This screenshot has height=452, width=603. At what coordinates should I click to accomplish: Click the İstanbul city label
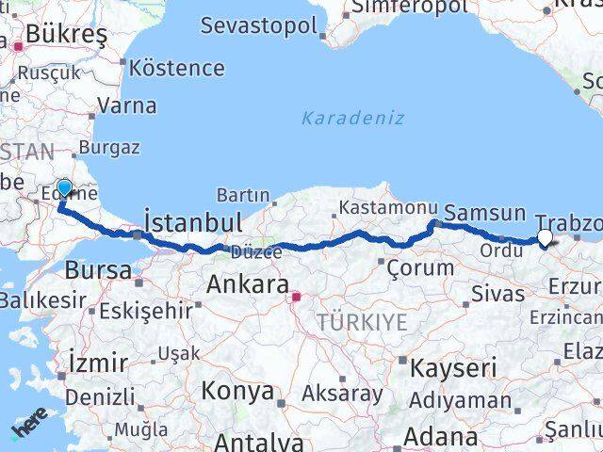click(192, 223)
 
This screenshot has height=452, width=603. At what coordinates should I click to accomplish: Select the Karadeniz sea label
click(353, 118)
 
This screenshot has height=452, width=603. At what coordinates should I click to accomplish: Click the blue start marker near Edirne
click(64, 188)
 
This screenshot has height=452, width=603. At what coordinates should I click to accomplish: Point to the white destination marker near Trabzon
click(545, 238)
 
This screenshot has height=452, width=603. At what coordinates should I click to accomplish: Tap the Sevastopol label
click(258, 25)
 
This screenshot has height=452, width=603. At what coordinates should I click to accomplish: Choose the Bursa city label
click(98, 270)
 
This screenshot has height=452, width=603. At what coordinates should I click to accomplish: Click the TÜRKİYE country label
click(363, 322)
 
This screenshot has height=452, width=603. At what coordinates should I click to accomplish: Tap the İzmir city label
click(99, 362)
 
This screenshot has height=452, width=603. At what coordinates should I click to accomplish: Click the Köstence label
click(177, 68)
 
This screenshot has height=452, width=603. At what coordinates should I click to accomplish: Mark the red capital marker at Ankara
click(296, 298)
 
